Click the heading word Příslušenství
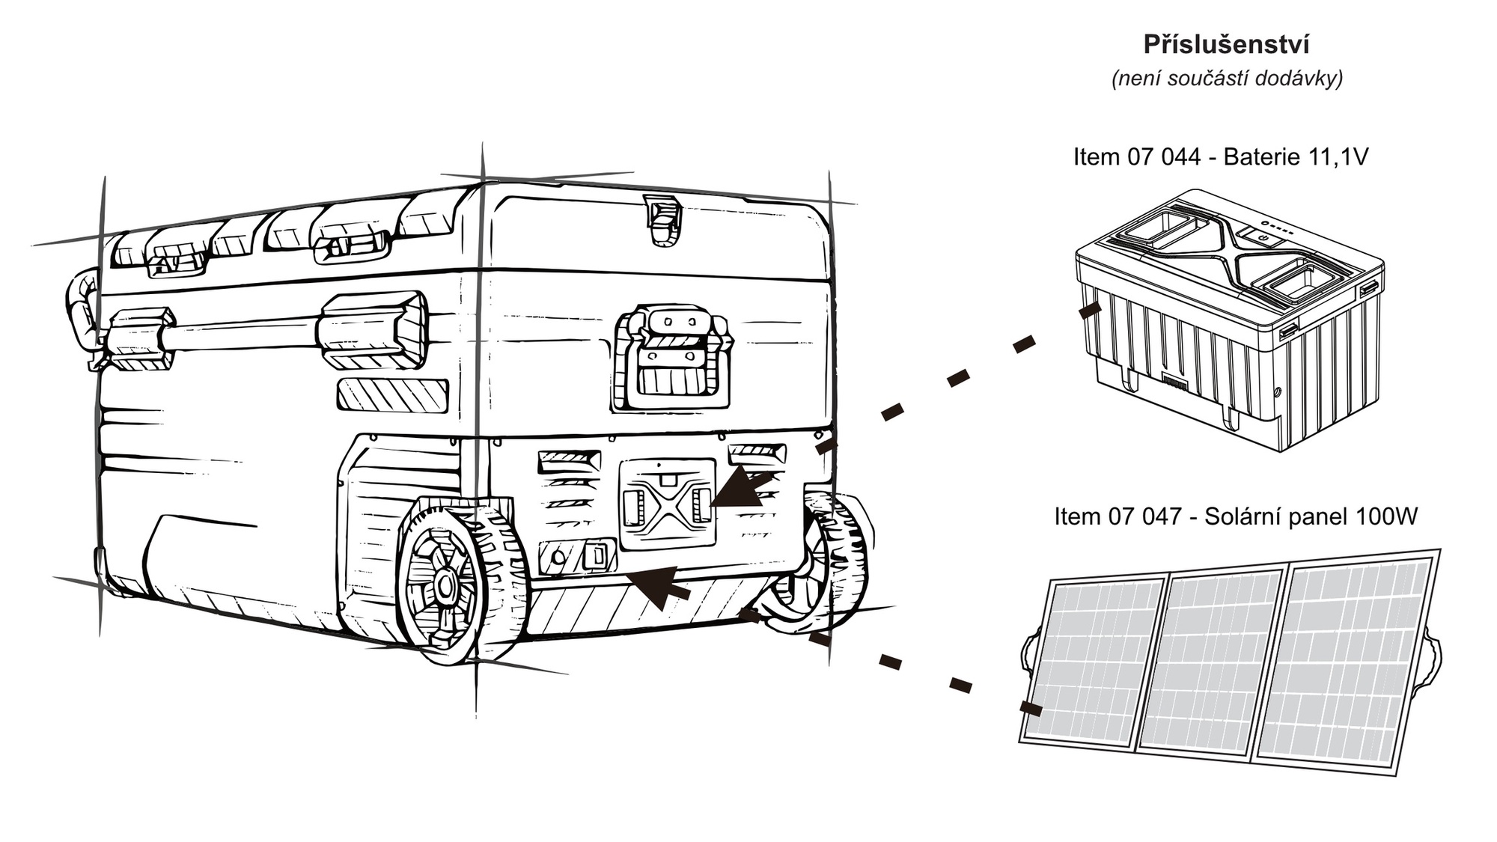1226,45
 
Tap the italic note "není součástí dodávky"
1227,79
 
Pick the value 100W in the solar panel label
1385,516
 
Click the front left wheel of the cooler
449,584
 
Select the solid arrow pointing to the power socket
659,585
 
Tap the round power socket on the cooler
558,557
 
